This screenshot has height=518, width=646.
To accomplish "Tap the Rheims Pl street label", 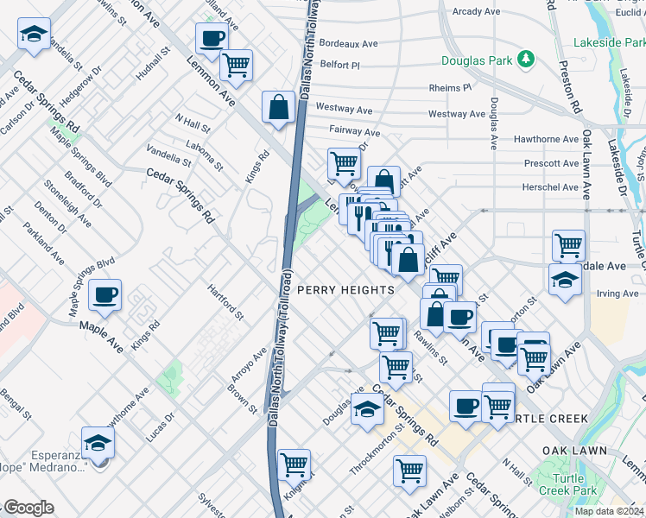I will pos(450,88).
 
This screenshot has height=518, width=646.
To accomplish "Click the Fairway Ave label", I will pos(354,132).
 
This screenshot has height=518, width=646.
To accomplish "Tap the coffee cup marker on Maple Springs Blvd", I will pos(106,295).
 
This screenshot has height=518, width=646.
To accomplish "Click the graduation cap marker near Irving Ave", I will pos(565,280).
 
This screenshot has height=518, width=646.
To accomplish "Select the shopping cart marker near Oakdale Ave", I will pos(568,246).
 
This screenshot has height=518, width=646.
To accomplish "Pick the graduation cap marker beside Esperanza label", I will pos(98,443).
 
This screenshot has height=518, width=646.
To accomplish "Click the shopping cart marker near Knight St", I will pos(294,464).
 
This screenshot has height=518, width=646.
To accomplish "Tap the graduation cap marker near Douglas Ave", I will pos(368,408).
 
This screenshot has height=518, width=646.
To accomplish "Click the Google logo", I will pos(28,508).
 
